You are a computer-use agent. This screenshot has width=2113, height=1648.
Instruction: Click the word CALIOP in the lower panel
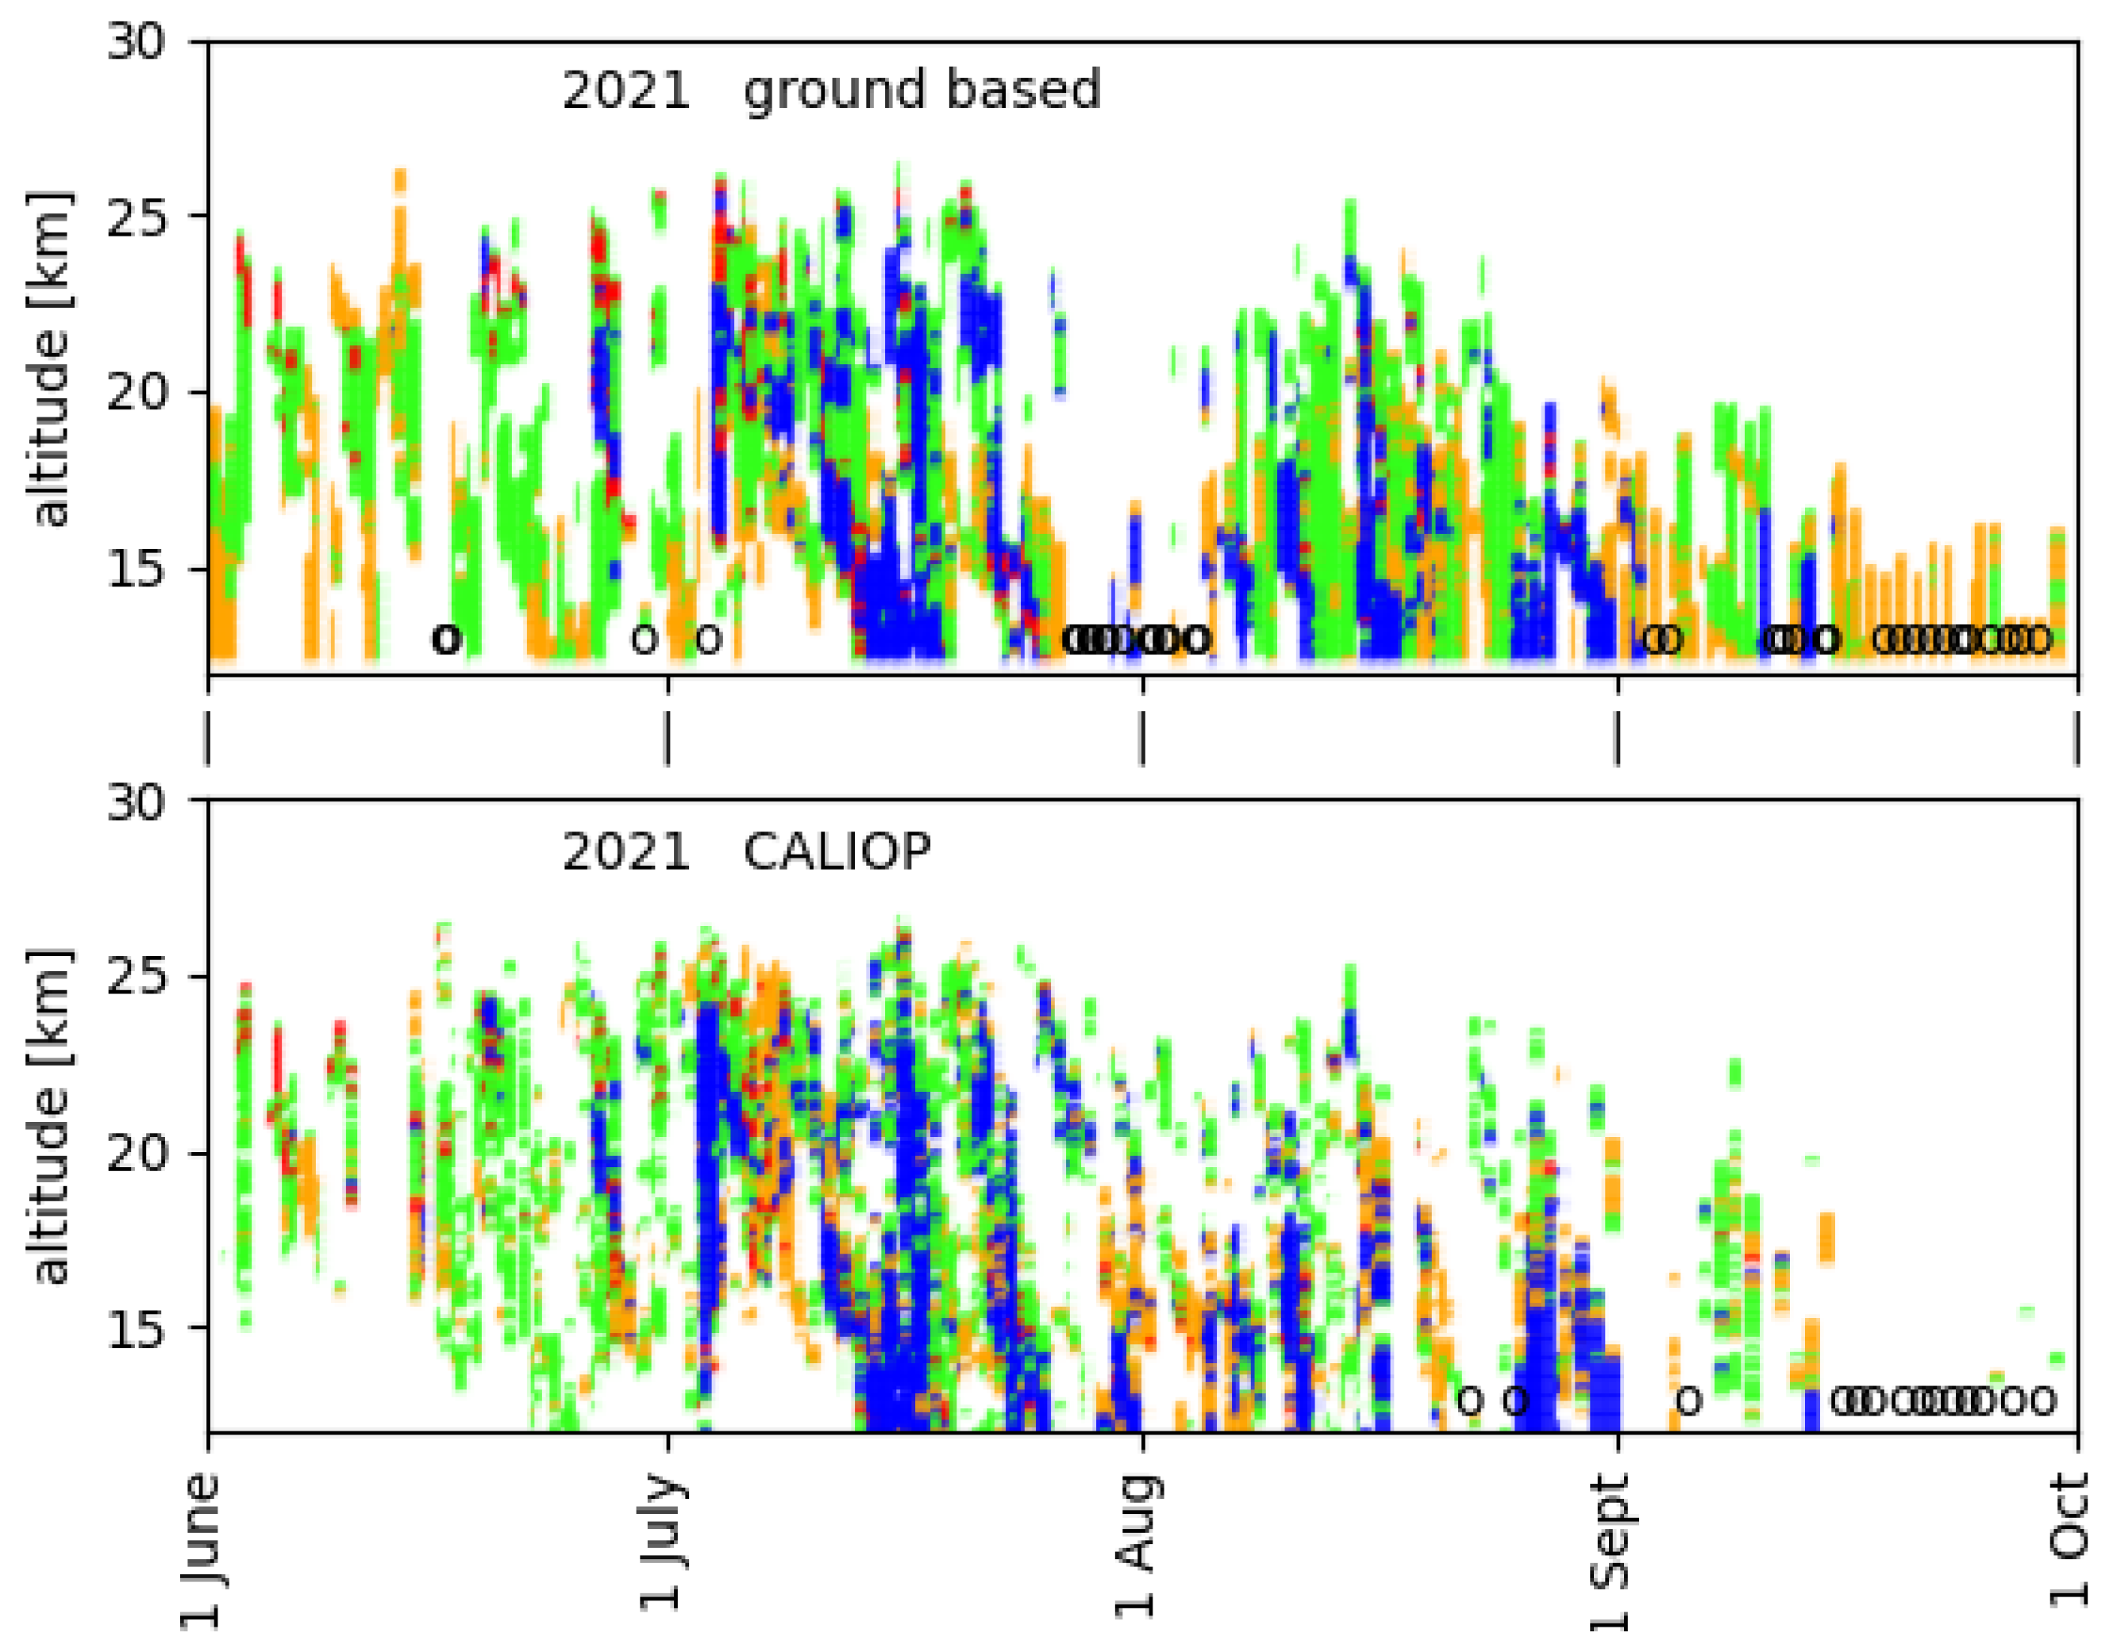[837, 852]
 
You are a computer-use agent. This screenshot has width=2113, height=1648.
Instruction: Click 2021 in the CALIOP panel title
[626, 852]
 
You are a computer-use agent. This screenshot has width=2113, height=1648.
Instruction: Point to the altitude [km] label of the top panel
[50, 359]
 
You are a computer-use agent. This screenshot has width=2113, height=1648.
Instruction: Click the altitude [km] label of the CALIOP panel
[50, 1118]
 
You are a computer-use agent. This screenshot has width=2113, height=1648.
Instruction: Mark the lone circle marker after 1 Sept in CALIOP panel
[1688, 1400]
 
